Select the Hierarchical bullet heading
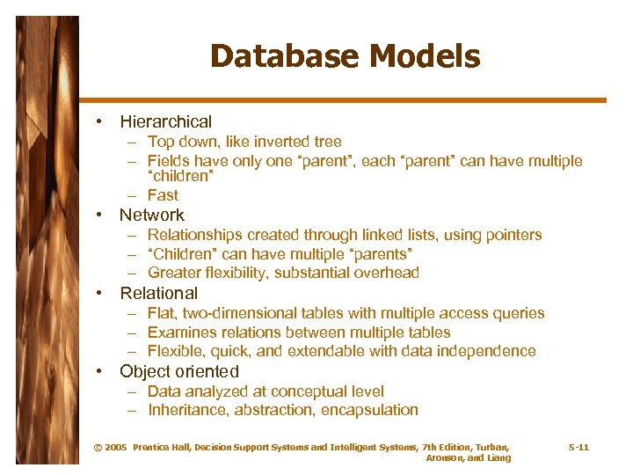coord(165,121)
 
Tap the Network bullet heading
coord(151,215)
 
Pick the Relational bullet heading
coord(158,293)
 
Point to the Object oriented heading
coord(179,371)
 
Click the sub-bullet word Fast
coord(163,195)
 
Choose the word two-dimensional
coord(233,313)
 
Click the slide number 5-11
coord(578,448)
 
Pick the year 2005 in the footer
coord(116,448)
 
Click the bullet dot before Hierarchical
coord(102,121)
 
